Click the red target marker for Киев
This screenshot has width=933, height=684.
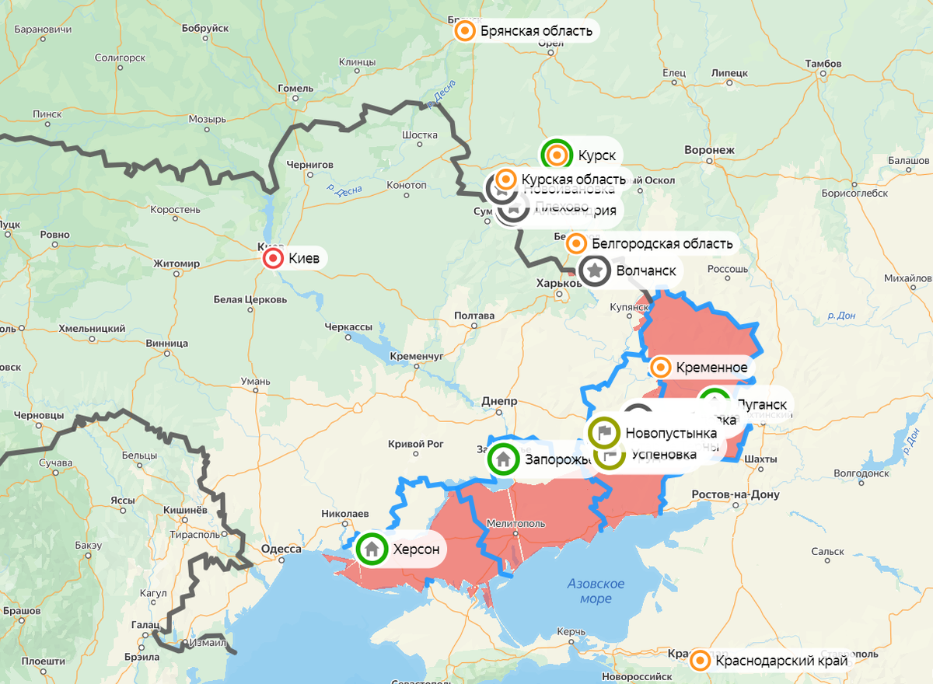[x=273, y=259]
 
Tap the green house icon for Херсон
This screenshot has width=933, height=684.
[x=372, y=549]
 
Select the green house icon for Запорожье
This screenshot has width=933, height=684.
[x=503, y=459]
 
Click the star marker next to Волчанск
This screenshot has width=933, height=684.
[x=595, y=271]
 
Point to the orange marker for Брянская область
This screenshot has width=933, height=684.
[x=465, y=31]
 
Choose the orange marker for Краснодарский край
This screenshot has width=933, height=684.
[x=701, y=661]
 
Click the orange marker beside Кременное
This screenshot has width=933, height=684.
[x=661, y=368]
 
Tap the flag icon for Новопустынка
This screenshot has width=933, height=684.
[x=604, y=432]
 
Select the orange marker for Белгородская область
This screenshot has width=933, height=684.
[x=576, y=243]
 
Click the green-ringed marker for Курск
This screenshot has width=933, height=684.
[x=557, y=155]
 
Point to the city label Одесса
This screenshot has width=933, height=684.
[x=281, y=549]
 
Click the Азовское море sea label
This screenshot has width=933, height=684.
[x=596, y=591]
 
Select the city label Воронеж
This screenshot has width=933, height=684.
[x=709, y=149]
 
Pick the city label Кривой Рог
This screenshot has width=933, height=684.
[x=415, y=444]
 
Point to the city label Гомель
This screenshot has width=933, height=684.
[x=295, y=88]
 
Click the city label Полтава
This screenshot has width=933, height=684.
[x=477, y=316]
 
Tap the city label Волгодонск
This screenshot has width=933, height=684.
[x=861, y=473]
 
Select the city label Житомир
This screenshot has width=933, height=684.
[x=176, y=263]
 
